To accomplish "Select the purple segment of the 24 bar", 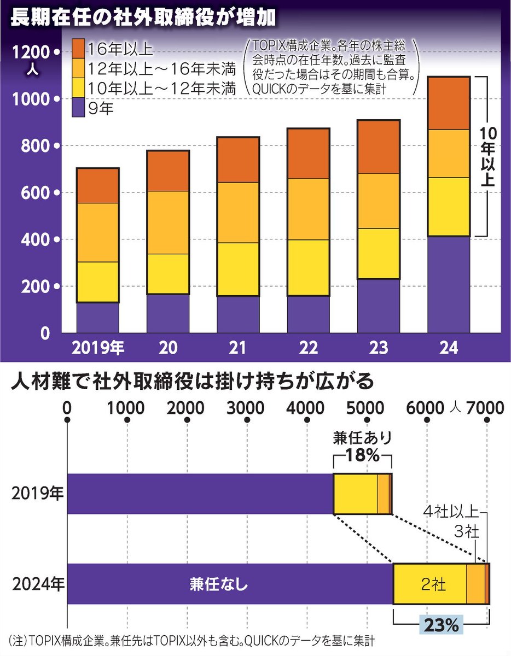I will (x=449, y=284).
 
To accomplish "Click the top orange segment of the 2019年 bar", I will (x=98, y=186).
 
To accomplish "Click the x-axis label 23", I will (x=378, y=348).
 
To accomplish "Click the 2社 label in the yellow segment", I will (x=430, y=584).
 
